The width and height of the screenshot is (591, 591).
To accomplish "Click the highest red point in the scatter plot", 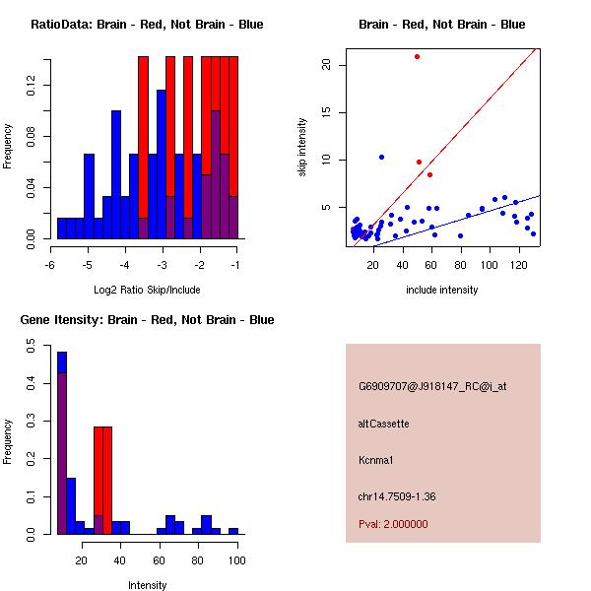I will (x=418, y=56).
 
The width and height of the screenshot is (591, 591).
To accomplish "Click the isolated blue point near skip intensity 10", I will (x=381, y=157).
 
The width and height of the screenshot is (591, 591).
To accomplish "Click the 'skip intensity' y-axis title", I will (x=303, y=148).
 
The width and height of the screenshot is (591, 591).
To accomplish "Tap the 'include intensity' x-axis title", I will (x=442, y=290).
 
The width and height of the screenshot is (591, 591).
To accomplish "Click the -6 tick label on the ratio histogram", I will (x=50, y=265).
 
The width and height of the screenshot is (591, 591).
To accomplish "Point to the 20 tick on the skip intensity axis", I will (x=327, y=65).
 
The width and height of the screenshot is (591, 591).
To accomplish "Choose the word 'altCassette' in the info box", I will (x=383, y=424).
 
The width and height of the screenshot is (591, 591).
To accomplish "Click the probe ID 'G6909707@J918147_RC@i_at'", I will (x=432, y=386).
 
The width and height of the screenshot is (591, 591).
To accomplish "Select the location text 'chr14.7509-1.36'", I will (x=397, y=495).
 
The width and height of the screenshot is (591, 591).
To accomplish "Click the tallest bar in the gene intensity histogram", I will (x=61, y=443).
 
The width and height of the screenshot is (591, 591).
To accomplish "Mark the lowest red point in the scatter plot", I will (x=429, y=174).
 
